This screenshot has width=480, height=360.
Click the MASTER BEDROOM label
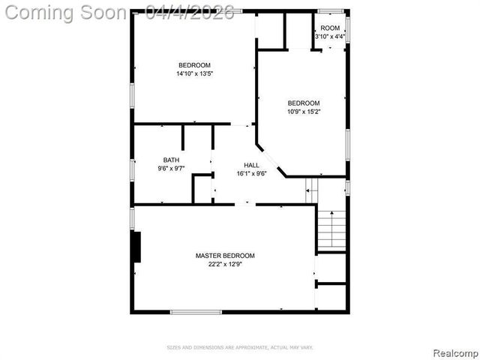[x=225, y=256]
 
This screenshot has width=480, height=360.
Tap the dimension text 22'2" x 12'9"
[x=225, y=264]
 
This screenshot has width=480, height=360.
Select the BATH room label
[x=171, y=160]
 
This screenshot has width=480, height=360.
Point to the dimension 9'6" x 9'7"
[x=171, y=169]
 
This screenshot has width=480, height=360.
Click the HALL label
[x=251, y=165]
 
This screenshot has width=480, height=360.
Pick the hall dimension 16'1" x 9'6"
[x=251, y=173]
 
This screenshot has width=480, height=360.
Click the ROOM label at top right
[x=330, y=28]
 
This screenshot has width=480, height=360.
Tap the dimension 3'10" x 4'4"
[x=330, y=36]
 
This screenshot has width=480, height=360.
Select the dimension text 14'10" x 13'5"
[x=193, y=73]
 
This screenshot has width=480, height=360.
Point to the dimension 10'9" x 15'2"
[x=304, y=112]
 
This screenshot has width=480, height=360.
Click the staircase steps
[x=331, y=229]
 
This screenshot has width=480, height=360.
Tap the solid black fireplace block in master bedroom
[x=136, y=247]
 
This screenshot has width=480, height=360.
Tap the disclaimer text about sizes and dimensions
[x=239, y=347]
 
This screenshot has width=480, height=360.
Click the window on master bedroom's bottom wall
[x=196, y=311]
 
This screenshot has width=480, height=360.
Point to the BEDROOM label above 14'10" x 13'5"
[x=193, y=64]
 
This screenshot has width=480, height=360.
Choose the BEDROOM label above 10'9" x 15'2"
[x=304, y=103]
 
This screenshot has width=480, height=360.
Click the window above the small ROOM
[x=330, y=11]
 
